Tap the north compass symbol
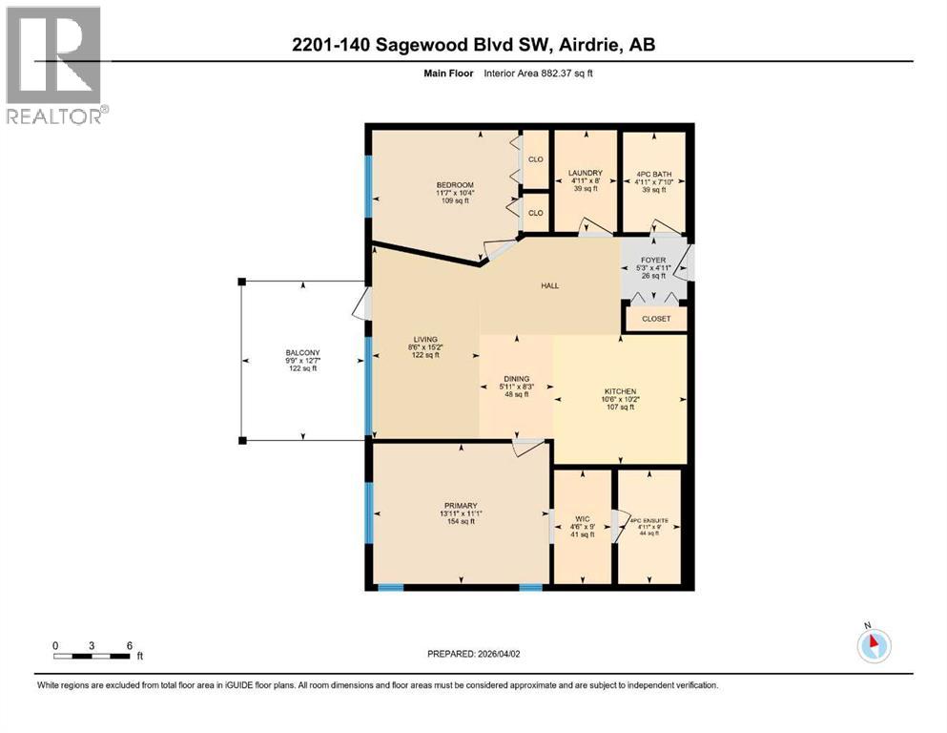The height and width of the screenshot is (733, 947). click(x=873, y=646)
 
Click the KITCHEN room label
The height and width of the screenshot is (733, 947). click(x=619, y=391)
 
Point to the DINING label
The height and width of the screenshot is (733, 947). click(x=516, y=379)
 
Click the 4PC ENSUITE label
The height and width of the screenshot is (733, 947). click(x=648, y=521)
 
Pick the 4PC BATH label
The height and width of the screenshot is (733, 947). click(x=654, y=174)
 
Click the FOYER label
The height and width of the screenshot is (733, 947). click(x=653, y=260)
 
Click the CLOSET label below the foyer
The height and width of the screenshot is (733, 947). click(x=655, y=319)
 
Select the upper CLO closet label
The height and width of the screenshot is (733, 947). click(x=535, y=159)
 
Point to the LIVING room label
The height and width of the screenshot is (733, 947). click(x=424, y=339)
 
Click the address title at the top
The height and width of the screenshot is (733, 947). click(x=473, y=44)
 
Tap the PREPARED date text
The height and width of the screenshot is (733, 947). click(x=474, y=654)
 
